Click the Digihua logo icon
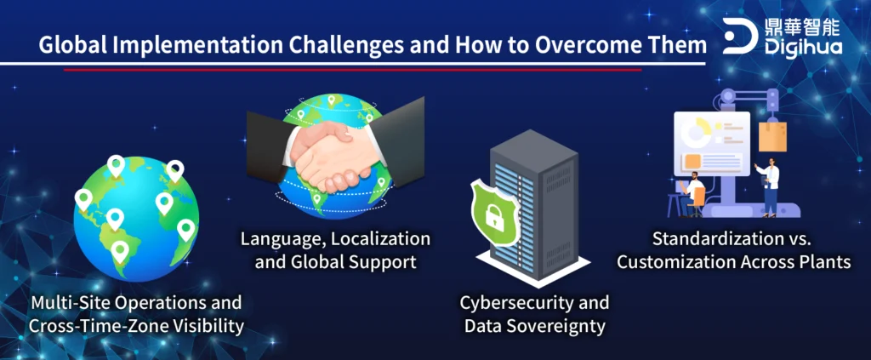[740, 36]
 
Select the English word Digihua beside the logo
[803, 47]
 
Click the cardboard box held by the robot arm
[772, 137]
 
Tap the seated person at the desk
[692, 192]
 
